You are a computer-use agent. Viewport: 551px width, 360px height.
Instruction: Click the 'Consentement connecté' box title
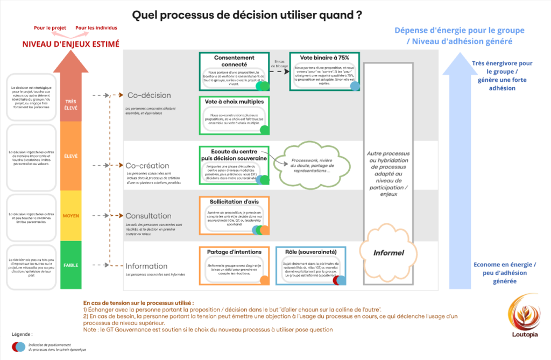point(234,60)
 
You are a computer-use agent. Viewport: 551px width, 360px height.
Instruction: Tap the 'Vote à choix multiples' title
point(234,102)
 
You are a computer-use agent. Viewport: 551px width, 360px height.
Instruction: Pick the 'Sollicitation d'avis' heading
point(234,202)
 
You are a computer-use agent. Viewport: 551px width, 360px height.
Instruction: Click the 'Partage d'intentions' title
point(234,251)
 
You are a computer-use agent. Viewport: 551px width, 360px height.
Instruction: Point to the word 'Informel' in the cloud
point(388,252)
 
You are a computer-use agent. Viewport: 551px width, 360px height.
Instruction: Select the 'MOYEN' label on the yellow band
point(71,216)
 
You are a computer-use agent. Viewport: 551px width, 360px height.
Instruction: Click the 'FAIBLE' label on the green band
point(71,265)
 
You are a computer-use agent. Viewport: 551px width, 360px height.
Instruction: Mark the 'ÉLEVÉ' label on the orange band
point(71,156)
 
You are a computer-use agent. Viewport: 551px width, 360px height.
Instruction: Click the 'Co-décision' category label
point(149,95)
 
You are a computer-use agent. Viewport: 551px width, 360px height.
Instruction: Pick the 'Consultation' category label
point(149,216)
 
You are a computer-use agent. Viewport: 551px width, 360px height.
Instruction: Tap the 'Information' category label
point(146,266)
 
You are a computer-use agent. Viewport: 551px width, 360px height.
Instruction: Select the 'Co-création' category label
point(147,166)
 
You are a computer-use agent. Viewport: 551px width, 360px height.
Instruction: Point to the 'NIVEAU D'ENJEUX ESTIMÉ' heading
point(70,44)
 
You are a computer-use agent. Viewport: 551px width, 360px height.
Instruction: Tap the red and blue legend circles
point(18,346)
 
